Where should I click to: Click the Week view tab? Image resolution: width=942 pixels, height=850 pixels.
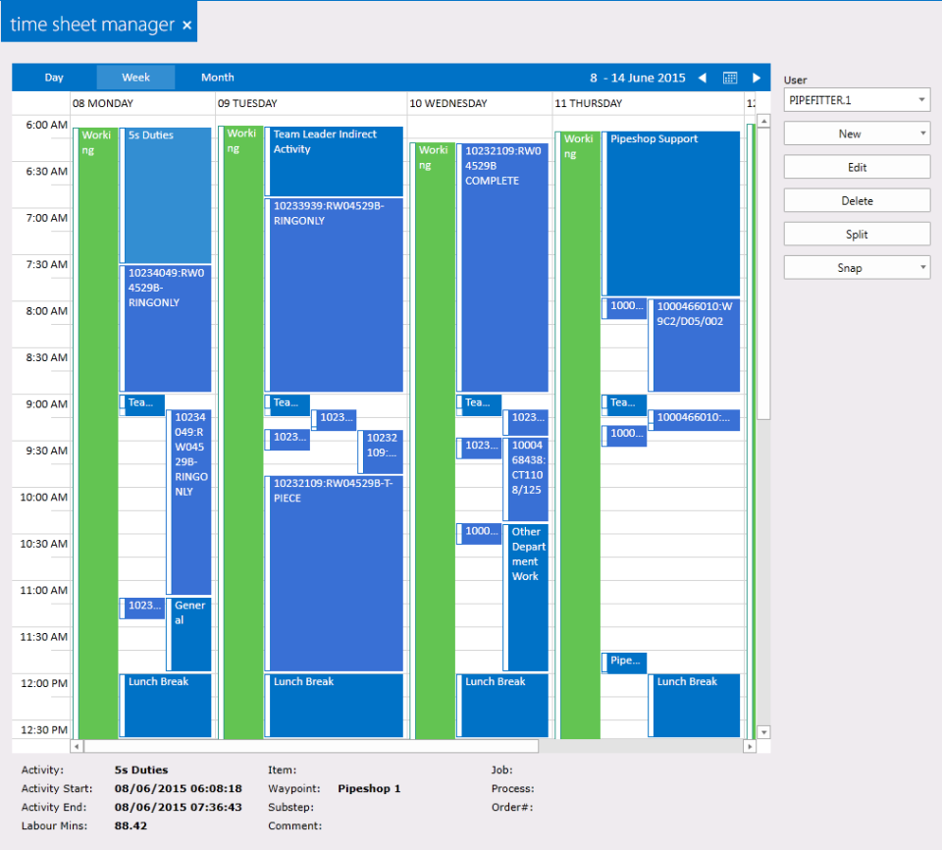135,78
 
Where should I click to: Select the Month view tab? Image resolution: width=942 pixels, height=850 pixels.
217,78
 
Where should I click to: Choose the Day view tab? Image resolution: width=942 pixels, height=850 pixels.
54,78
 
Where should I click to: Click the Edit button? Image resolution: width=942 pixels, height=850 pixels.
857,168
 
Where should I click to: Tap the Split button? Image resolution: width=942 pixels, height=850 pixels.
857,235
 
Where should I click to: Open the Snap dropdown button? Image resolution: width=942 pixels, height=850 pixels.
857,268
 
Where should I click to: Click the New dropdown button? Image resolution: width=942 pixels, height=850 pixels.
857,134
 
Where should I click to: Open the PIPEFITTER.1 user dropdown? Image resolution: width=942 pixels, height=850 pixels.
857,100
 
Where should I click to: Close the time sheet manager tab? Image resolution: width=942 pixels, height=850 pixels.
187,26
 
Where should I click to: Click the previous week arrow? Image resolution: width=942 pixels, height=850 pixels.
702,78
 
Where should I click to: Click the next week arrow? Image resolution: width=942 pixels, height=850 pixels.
757,78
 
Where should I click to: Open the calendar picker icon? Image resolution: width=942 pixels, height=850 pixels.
730,78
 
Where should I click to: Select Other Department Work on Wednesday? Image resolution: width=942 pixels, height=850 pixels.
527,597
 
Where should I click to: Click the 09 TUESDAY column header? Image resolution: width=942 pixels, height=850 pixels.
247,103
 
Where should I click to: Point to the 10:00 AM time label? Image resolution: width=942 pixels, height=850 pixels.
46,498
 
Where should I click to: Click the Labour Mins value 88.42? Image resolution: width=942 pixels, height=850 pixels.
132,826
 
